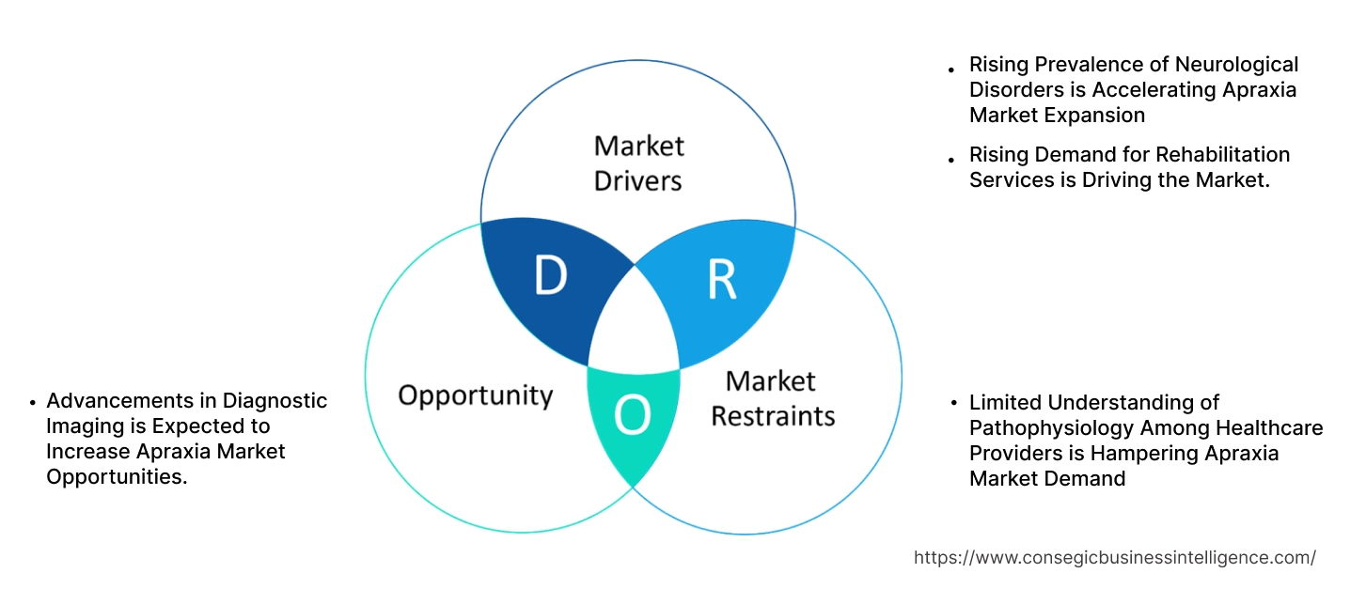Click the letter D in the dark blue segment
tap(551, 275)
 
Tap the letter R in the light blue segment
tap(722, 279)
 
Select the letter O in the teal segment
tap(633, 415)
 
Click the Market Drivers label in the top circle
tap(638, 163)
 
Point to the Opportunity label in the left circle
tap(475, 395)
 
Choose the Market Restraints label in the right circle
tap(772, 397)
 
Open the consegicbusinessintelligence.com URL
tap(1114, 558)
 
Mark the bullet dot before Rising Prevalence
tap(951, 69)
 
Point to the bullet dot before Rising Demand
tap(951, 157)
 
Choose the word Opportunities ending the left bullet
tap(114, 477)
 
